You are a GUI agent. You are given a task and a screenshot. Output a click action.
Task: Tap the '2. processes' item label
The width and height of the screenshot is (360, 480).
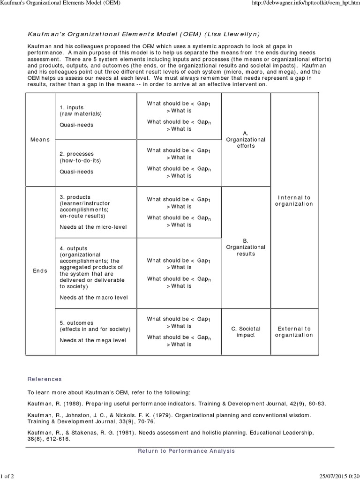coord(77,154)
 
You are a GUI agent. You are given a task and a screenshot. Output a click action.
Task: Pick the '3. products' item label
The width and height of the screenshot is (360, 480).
coord(75,197)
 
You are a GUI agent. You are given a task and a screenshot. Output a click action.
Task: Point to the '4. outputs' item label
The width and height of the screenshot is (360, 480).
coord(74,248)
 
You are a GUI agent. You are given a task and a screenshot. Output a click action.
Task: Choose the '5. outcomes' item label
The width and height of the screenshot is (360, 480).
coord(77,323)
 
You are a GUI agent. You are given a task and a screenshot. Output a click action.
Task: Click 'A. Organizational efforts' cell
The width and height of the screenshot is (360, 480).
coord(246,140)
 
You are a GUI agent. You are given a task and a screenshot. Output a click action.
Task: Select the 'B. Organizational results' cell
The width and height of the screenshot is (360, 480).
coord(246,247)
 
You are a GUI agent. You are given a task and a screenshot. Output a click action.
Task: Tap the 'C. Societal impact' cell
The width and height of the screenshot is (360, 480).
coord(246,332)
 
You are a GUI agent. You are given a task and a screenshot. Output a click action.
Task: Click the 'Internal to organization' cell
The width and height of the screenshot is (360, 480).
coord(294,201)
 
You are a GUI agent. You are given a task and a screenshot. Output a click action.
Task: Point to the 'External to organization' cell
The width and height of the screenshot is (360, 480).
coord(294,332)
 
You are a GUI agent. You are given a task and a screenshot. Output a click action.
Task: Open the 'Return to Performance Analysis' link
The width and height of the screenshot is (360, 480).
coord(186,451)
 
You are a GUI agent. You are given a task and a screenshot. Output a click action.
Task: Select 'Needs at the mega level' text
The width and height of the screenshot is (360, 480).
coord(93,340)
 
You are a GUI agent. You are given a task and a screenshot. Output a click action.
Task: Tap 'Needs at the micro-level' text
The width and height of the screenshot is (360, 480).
coord(93,227)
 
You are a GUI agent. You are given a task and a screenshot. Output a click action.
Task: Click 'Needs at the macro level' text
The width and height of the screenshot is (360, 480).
coord(94,297)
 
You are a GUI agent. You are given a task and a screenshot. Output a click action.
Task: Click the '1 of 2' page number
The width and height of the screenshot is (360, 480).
coord(8,476)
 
